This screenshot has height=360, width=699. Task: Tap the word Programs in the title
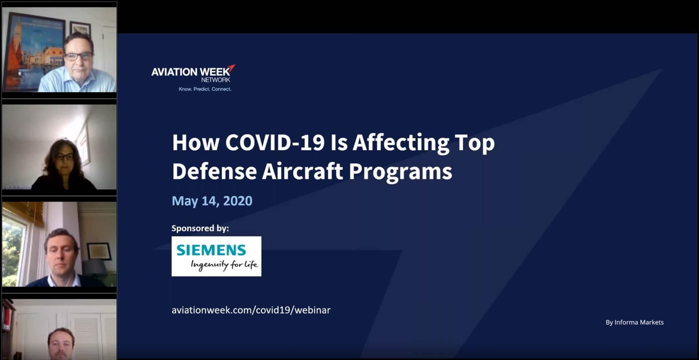point(401,172)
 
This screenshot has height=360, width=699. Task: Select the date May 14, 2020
point(212,201)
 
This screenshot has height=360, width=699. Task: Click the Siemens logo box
point(216,256)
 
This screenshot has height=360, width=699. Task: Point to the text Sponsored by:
point(200,228)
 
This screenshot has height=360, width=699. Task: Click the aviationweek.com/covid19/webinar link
point(251,310)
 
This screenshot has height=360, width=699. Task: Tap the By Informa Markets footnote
point(635,322)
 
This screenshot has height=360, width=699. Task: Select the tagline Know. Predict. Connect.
point(205,89)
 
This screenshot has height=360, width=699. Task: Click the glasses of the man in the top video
point(79,56)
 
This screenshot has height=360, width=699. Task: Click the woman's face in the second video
point(64,159)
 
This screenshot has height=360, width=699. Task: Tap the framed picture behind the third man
point(99,251)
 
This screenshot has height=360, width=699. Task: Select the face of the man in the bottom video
point(61,344)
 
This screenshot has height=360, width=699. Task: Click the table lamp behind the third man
point(95,269)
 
